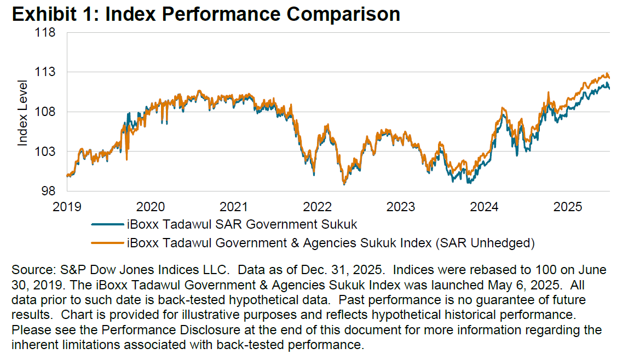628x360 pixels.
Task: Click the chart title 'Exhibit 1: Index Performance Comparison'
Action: point(205,14)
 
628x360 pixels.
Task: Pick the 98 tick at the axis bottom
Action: point(49,191)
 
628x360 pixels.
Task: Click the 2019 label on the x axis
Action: point(66,207)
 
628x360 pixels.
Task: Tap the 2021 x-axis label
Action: point(234,207)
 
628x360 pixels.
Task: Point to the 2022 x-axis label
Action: point(318,207)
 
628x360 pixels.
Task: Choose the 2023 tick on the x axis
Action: point(401,207)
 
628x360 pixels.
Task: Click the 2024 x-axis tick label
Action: point(485,207)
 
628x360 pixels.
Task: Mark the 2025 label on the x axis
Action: point(569,207)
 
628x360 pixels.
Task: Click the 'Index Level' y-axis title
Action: point(22,112)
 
